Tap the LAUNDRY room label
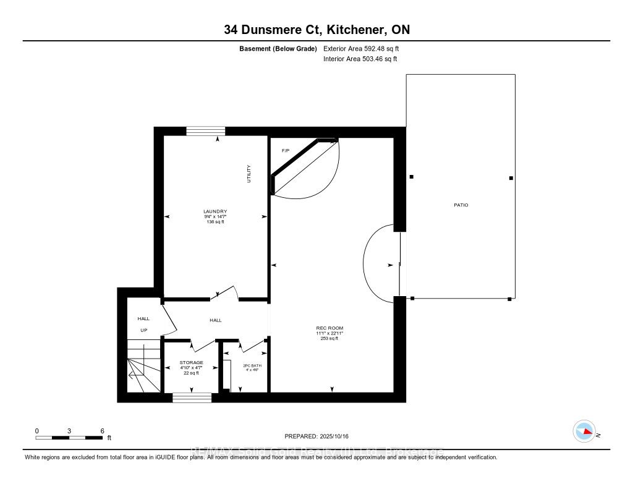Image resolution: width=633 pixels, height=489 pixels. (215, 211)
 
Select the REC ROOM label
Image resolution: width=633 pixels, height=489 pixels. (329, 328)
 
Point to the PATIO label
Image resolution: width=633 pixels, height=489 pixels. (461, 205)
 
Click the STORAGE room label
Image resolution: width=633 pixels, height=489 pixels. (191, 363)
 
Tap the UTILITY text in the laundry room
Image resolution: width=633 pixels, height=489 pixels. (249, 174)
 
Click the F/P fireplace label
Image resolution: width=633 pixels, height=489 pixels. (286, 151)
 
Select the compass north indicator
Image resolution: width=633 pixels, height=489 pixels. (584, 431)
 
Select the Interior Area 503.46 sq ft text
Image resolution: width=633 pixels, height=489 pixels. (360, 59)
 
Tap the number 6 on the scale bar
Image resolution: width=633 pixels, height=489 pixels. (103, 430)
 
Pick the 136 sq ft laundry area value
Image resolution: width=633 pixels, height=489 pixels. (215, 222)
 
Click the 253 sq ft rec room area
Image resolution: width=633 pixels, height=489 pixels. (329, 339)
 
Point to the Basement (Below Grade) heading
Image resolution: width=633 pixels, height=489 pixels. (278, 48)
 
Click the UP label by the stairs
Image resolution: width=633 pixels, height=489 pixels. (143, 330)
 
